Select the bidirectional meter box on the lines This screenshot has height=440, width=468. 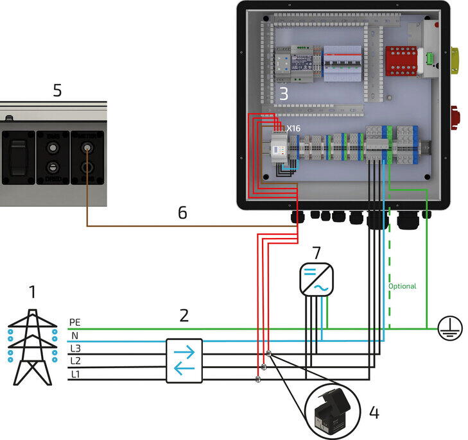[184, 360]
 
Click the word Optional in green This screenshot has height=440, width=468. [402, 286]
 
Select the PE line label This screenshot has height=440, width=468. [74, 322]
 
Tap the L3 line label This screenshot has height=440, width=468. [75, 348]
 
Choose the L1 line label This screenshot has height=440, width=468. [75, 374]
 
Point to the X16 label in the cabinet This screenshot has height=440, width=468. [293, 128]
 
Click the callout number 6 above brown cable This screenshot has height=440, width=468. [182, 212]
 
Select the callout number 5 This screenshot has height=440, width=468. [57, 90]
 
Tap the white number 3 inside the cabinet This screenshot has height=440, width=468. [283, 94]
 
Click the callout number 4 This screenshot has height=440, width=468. [374, 412]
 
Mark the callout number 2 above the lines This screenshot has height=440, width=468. [184, 315]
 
